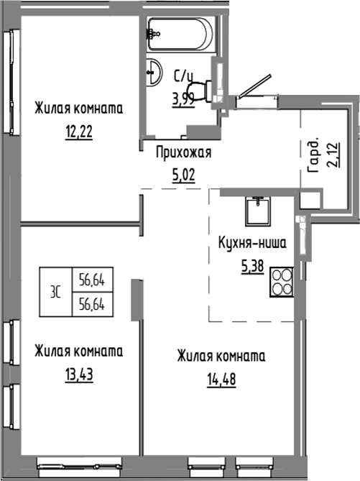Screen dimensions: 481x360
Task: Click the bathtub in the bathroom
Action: [180, 32]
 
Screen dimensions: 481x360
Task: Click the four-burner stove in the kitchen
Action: [281, 281]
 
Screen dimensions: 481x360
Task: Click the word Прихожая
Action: [183, 152]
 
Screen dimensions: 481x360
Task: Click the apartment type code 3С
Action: [54, 290]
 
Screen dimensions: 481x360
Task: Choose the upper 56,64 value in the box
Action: [93, 280]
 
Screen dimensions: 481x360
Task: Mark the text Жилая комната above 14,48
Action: [221, 356]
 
